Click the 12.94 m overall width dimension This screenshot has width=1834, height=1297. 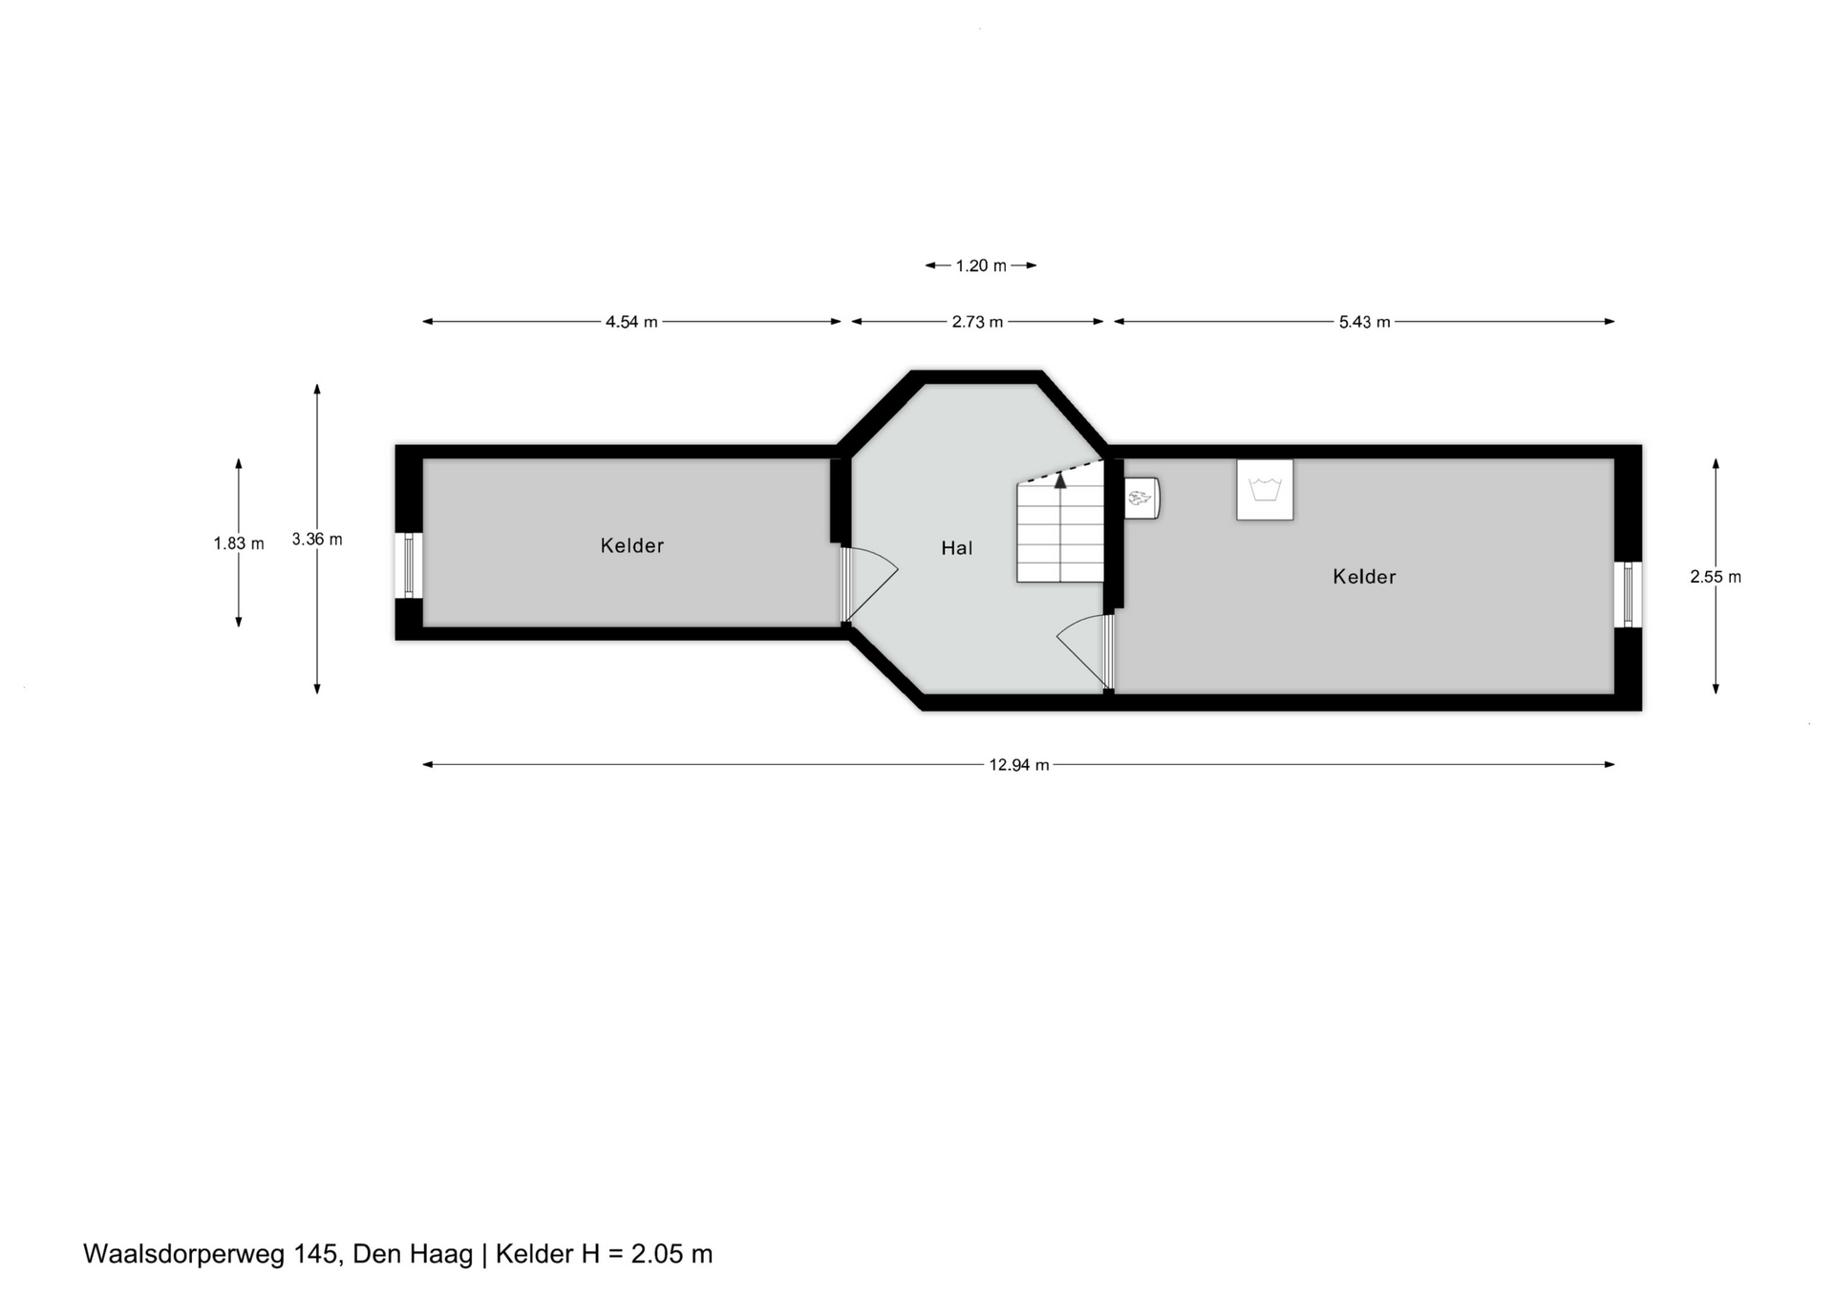1018,765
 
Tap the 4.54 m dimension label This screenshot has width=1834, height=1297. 631,322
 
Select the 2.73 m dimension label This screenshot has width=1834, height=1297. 977,322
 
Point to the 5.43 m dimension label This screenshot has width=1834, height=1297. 1364,322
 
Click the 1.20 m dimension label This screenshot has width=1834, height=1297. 981,266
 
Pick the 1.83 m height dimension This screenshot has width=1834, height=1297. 239,543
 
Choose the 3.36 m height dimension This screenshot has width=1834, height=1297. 317,540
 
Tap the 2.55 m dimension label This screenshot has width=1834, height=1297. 1716,577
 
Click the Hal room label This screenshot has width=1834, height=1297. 957,548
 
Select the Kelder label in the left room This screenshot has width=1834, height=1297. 632,545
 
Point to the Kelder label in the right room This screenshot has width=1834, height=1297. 1365,577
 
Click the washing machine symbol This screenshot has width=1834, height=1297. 1265,490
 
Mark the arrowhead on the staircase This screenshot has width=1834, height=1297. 1060,480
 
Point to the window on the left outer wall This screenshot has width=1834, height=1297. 409,566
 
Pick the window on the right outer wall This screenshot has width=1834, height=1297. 1629,594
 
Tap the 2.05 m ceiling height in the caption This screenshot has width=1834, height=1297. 672,1254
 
